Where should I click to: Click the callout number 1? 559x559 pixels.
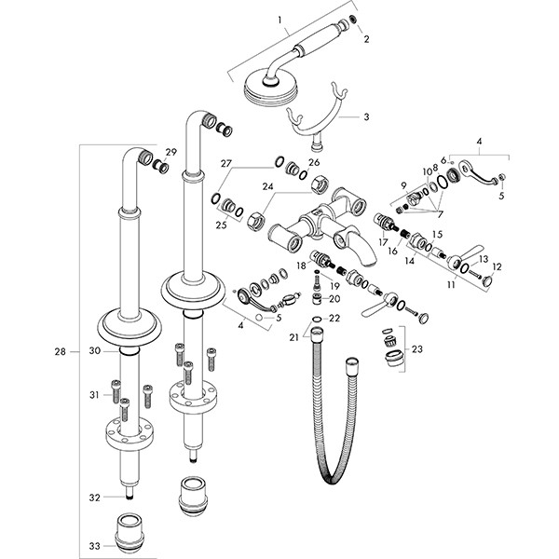(278, 19)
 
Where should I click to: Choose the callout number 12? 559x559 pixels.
(497, 266)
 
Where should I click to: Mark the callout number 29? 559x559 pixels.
(170, 152)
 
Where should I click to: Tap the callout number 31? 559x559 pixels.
(94, 395)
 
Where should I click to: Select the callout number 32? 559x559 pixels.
(93, 498)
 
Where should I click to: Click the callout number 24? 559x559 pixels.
(241, 185)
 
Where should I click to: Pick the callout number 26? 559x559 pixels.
(314, 162)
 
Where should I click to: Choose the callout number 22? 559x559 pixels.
(335, 319)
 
